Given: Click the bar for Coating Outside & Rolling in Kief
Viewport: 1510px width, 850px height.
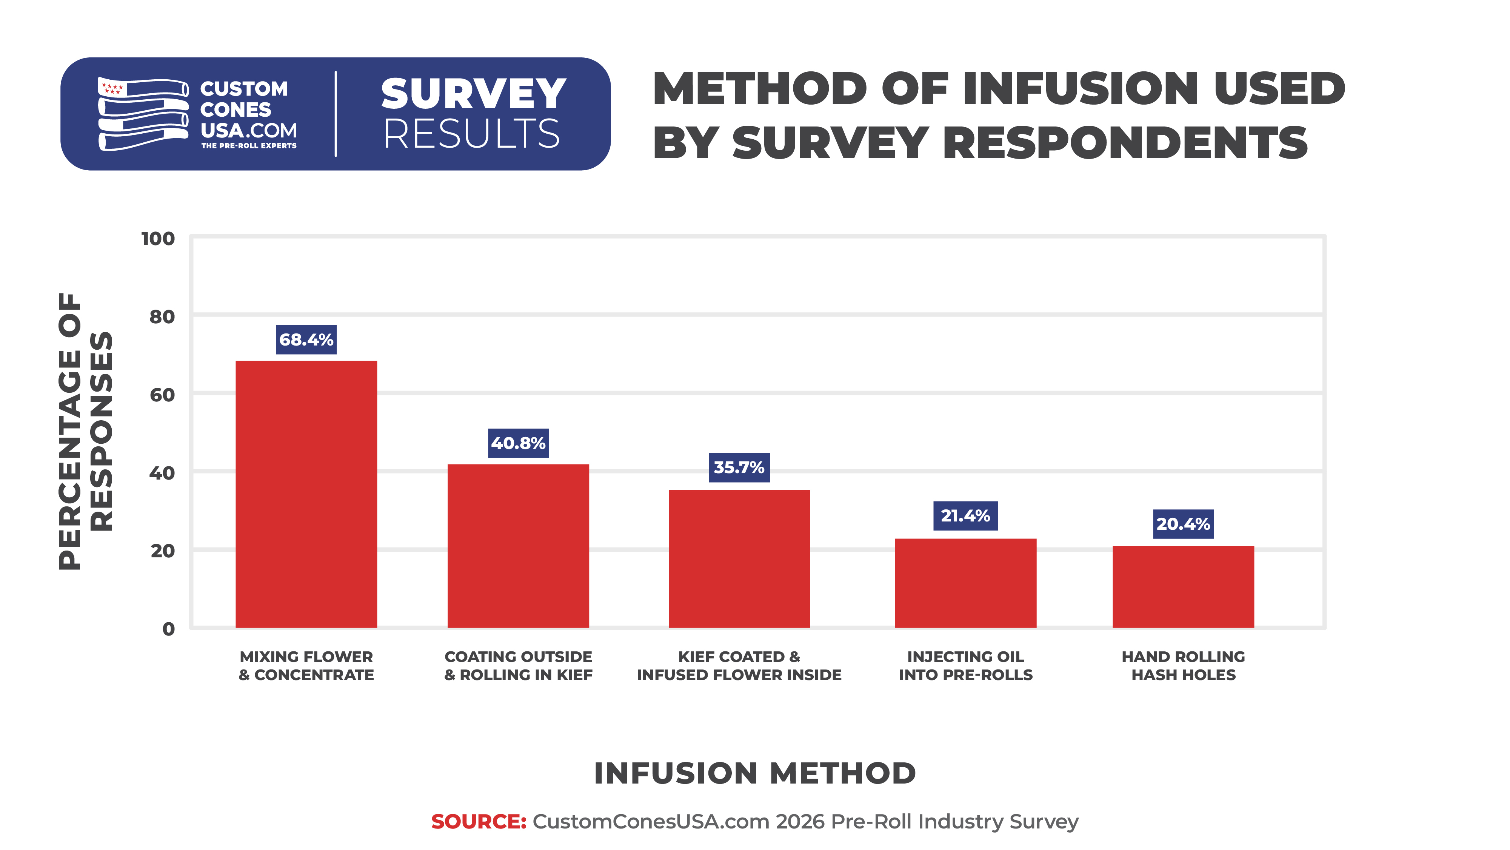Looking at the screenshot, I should (518, 546).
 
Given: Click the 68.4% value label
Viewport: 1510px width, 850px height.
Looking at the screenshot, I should (306, 339).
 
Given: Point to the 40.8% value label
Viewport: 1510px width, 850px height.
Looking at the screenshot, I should (518, 443).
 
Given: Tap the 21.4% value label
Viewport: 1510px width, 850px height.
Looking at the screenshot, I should (965, 516).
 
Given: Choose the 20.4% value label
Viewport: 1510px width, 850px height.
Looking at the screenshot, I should (1183, 524).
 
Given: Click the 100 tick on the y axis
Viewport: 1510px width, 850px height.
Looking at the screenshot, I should (158, 239).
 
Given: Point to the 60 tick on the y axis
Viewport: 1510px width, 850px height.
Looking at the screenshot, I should (162, 395).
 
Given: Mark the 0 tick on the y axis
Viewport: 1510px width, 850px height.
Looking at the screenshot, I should (168, 629).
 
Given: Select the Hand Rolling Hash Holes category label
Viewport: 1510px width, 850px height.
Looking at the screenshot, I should (1183, 665).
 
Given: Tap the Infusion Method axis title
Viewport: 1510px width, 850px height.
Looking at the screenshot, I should (754, 773).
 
